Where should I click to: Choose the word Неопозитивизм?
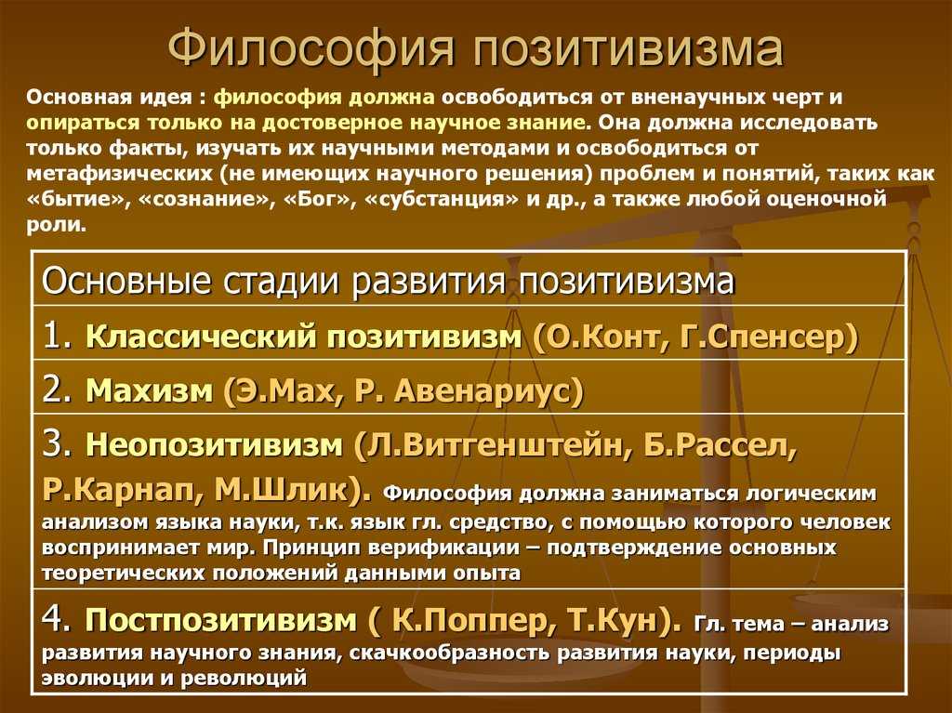click(215, 445)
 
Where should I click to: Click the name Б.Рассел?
click(718, 445)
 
